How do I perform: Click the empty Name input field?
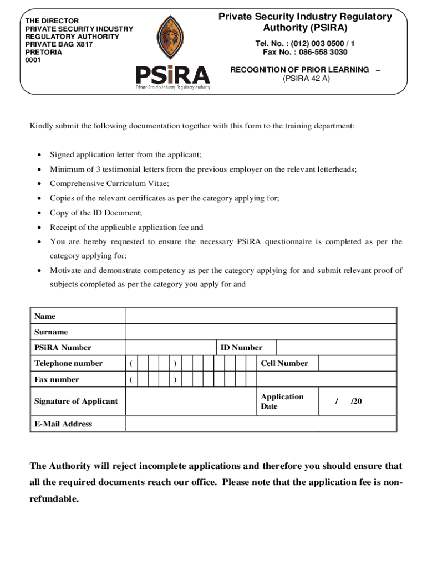(x=261, y=316)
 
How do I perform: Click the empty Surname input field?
(x=261, y=332)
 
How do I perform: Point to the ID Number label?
(x=241, y=348)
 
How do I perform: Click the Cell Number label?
(x=284, y=363)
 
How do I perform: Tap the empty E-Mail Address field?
(x=261, y=424)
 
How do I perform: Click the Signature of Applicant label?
(x=76, y=401)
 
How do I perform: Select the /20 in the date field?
(x=356, y=401)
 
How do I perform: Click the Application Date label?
(x=282, y=401)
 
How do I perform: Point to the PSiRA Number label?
(x=63, y=348)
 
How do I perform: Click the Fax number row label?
(x=57, y=379)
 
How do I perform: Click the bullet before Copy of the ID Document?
(x=38, y=213)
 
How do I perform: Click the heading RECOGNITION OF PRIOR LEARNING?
(x=299, y=69)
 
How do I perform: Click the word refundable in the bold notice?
(x=54, y=499)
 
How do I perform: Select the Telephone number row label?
(x=68, y=363)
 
